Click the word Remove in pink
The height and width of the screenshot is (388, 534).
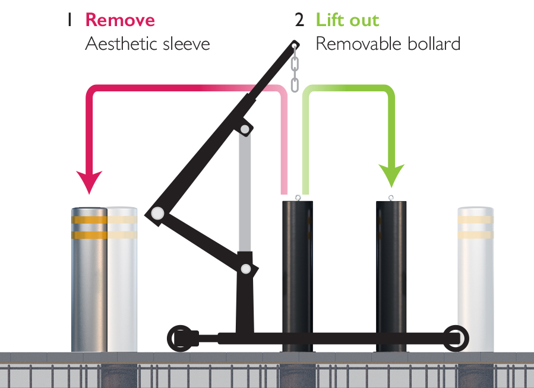120,20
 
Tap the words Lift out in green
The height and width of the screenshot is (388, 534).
347,20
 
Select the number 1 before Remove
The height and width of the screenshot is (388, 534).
70,20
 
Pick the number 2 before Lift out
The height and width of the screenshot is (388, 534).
299,20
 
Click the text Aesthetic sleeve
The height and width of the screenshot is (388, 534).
147,44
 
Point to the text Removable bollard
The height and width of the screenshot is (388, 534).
388,44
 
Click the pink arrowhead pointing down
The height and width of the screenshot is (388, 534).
89,180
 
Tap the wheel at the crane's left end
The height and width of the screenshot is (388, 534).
180,338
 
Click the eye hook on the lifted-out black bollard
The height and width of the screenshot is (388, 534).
391,198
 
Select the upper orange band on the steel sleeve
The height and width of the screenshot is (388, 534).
89,220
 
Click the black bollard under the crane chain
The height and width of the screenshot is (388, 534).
297,273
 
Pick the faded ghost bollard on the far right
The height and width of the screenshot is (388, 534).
475,279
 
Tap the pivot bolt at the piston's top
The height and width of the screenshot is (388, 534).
244,129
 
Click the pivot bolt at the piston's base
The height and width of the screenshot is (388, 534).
245,269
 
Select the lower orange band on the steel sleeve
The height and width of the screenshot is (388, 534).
89,235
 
